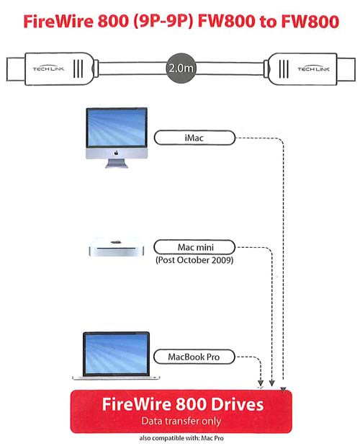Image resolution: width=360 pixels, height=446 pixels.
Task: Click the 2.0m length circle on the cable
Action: pyautogui.click(x=181, y=68)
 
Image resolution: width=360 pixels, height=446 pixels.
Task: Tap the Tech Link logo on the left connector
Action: pyautogui.click(x=48, y=68)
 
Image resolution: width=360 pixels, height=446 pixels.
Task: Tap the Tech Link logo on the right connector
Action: pyautogui.click(x=313, y=68)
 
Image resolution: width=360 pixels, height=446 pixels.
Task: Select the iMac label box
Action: pyautogui.click(x=194, y=138)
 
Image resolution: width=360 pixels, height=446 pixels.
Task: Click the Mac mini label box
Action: pyautogui.click(x=194, y=247)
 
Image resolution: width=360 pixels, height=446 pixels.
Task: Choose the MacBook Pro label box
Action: pyautogui.click(x=194, y=357)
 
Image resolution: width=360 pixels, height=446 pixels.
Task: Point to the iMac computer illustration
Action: pyautogui.click(x=117, y=138)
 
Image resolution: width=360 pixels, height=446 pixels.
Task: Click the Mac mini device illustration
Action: pyautogui.click(x=116, y=247)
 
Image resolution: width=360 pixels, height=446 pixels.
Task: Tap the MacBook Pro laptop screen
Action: pyautogui.click(x=116, y=353)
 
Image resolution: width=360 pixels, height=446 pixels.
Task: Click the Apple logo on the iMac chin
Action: pyautogui.click(x=116, y=153)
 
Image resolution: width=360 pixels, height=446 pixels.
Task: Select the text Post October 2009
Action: pyautogui.click(x=194, y=260)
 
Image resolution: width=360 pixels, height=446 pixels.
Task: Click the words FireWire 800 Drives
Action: pyautogui.click(x=183, y=404)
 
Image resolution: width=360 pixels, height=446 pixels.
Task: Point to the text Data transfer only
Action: pyautogui.click(x=181, y=422)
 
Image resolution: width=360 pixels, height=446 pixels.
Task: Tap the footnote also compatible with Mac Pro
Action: pyautogui.click(x=181, y=438)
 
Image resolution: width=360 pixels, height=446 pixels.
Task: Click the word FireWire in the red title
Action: pyautogui.click(x=58, y=22)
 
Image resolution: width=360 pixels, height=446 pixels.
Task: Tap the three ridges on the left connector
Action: pyautogui.click(x=78, y=68)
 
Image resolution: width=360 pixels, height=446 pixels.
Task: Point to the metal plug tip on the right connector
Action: pyautogui.click(x=346, y=69)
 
